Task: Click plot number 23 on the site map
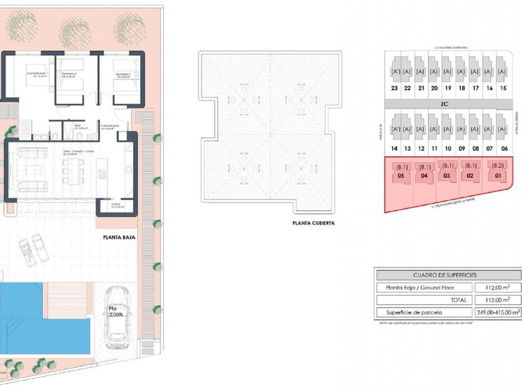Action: pos(394,88)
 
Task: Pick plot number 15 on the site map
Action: pos(502,88)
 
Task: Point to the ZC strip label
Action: pos(445,104)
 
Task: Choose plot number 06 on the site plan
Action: pos(503,148)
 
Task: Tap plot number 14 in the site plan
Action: pos(394,148)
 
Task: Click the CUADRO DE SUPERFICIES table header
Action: pos(445,275)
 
